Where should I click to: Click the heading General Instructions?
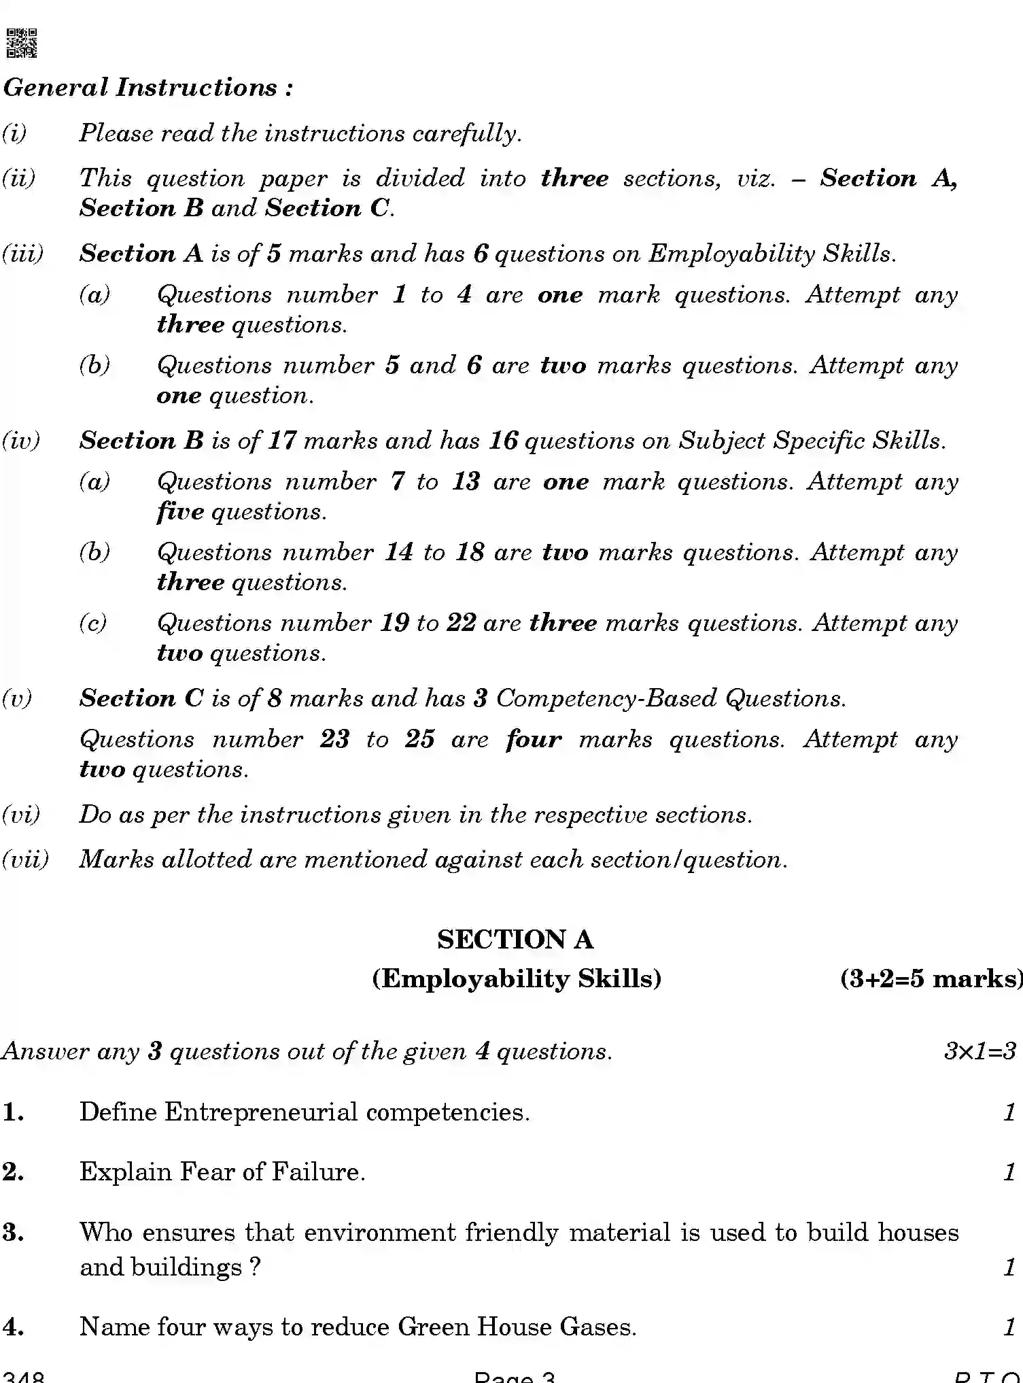click(148, 88)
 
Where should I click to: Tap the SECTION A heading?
click(515, 940)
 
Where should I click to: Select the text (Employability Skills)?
click(516, 978)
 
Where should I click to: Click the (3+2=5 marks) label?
click(931, 978)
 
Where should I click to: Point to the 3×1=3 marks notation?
click(979, 1051)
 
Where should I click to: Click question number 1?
click(14, 1112)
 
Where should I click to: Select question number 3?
click(14, 1232)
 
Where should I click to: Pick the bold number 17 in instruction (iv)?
click(282, 441)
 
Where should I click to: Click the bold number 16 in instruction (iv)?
click(503, 441)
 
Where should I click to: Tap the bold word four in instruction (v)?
click(534, 739)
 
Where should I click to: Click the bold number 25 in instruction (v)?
click(419, 739)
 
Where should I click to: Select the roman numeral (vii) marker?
click(26, 859)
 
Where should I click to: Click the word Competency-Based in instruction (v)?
click(606, 698)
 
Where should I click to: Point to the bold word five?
click(180, 512)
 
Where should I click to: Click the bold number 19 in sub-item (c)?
click(394, 623)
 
